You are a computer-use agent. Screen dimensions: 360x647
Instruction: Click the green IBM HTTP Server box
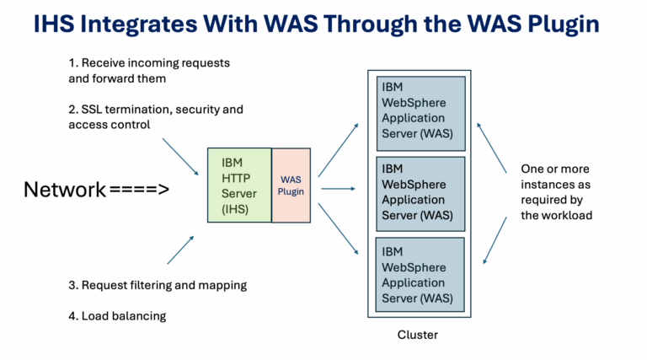(x=239, y=185)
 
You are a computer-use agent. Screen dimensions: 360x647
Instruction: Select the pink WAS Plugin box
(x=291, y=185)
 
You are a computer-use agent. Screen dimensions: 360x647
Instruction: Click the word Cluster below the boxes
(x=418, y=335)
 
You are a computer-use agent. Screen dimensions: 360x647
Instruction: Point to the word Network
(x=65, y=189)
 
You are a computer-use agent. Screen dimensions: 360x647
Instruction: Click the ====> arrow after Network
(x=139, y=189)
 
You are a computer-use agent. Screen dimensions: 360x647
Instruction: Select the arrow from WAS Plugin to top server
(x=337, y=152)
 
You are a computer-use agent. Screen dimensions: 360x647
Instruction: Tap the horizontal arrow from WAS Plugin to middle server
(x=339, y=189)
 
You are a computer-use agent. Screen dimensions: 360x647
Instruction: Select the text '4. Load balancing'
(x=117, y=316)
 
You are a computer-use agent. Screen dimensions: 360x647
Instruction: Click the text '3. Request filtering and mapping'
(x=158, y=285)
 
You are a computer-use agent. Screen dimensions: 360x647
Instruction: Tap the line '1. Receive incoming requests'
(x=149, y=63)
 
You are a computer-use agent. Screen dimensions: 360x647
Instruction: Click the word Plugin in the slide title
(x=558, y=24)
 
